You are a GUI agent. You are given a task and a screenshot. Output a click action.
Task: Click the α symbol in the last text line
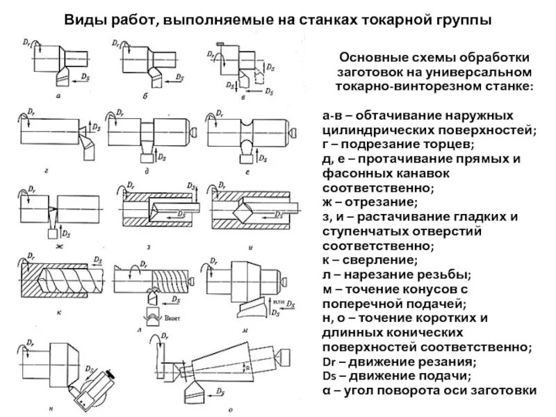[326, 391]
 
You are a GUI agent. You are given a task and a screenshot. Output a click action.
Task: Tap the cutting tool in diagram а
[65, 73]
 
